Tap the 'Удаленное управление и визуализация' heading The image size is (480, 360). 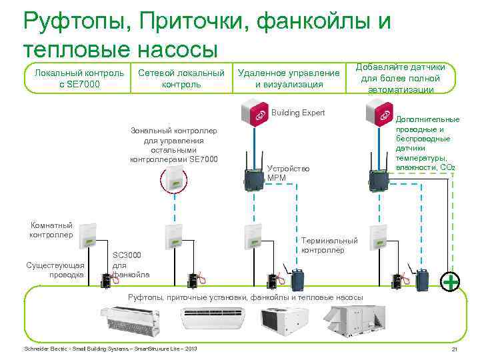point(289,78)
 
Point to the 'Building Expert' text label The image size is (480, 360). point(298,113)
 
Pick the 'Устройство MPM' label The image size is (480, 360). point(287,173)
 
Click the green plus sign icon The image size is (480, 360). point(451,281)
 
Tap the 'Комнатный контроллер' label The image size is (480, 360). point(51,229)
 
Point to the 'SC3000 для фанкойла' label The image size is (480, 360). point(131,265)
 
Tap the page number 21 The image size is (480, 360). point(454,350)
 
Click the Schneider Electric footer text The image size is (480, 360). point(110,349)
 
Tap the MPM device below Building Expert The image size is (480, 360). point(254,178)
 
